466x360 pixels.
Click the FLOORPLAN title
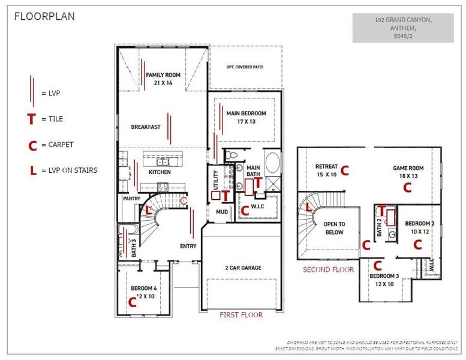pos(44,16)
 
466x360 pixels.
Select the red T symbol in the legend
pos(31,119)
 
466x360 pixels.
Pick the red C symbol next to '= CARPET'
pos(32,145)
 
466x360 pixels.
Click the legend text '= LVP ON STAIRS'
pos(70,170)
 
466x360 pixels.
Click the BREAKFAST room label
pos(146,127)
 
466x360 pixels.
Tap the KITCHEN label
pos(160,172)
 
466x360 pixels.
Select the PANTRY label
pos(131,197)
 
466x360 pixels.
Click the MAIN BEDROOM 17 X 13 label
pos(245,117)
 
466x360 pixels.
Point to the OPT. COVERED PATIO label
pos(245,67)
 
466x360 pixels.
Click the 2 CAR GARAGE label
pos(243,268)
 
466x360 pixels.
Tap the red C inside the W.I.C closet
pos(244,210)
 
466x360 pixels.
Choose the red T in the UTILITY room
pos(225,194)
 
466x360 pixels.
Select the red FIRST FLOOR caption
pos(241,314)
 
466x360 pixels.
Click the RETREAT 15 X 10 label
pos(327,170)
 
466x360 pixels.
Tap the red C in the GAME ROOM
pos(407,187)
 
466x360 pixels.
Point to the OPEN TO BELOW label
pos(335,228)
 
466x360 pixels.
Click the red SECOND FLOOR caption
pos(328,269)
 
